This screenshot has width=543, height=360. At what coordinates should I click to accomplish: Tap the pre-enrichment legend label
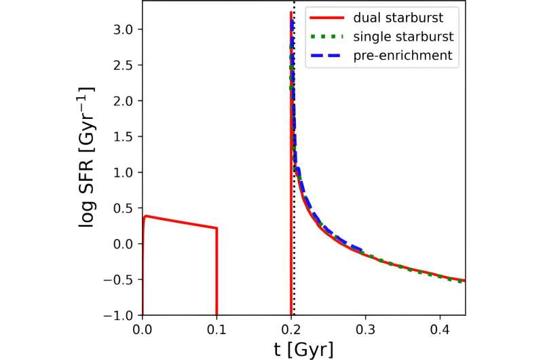[x=407, y=56]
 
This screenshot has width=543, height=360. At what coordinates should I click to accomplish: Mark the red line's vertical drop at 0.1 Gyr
[x=217, y=272]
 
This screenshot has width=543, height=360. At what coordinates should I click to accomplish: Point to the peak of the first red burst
[x=147, y=216]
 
